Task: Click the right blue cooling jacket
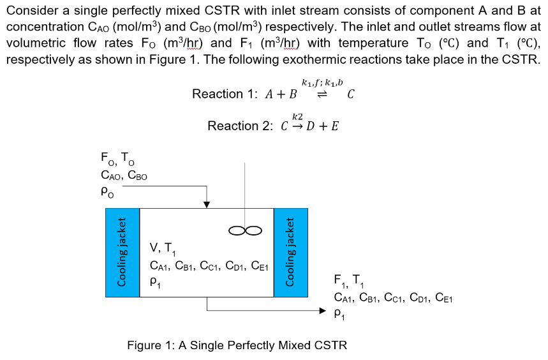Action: click(x=290, y=252)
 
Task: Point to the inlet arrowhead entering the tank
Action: click(x=206, y=204)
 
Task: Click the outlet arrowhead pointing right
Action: click(x=323, y=311)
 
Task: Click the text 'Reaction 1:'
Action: click(x=221, y=94)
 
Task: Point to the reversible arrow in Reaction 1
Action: click(x=322, y=94)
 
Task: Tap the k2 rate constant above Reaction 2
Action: click(x=297, y=116)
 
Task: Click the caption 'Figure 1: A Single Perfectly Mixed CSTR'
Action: click(x=237, y=345)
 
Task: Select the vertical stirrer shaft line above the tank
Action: click(x=245, y=191)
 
